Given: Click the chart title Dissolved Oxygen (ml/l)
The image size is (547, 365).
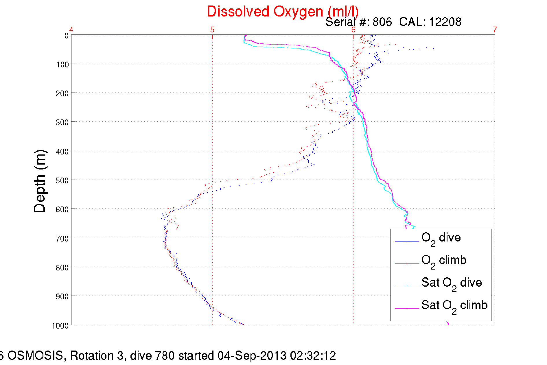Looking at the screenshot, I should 283,12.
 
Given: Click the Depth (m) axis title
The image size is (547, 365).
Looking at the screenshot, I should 40,181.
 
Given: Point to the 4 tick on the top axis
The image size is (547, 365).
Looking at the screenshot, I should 71,30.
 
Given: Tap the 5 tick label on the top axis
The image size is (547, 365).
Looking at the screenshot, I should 212,30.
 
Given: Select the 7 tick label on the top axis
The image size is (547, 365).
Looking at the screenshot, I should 495,30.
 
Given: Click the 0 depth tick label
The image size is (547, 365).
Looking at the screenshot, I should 66,36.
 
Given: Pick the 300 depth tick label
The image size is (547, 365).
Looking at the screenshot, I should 62,122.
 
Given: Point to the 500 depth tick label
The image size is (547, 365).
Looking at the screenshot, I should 62,180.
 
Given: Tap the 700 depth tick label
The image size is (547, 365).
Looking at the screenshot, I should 62,239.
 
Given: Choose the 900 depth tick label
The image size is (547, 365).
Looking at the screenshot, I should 62,296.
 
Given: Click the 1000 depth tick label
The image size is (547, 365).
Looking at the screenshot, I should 60,326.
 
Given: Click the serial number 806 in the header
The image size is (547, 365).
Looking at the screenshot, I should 382,22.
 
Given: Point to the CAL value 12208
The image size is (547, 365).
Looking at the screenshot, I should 445,22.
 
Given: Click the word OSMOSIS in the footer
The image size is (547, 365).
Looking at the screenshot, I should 35,356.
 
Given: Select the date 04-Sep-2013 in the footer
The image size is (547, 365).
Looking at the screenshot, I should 252,356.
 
